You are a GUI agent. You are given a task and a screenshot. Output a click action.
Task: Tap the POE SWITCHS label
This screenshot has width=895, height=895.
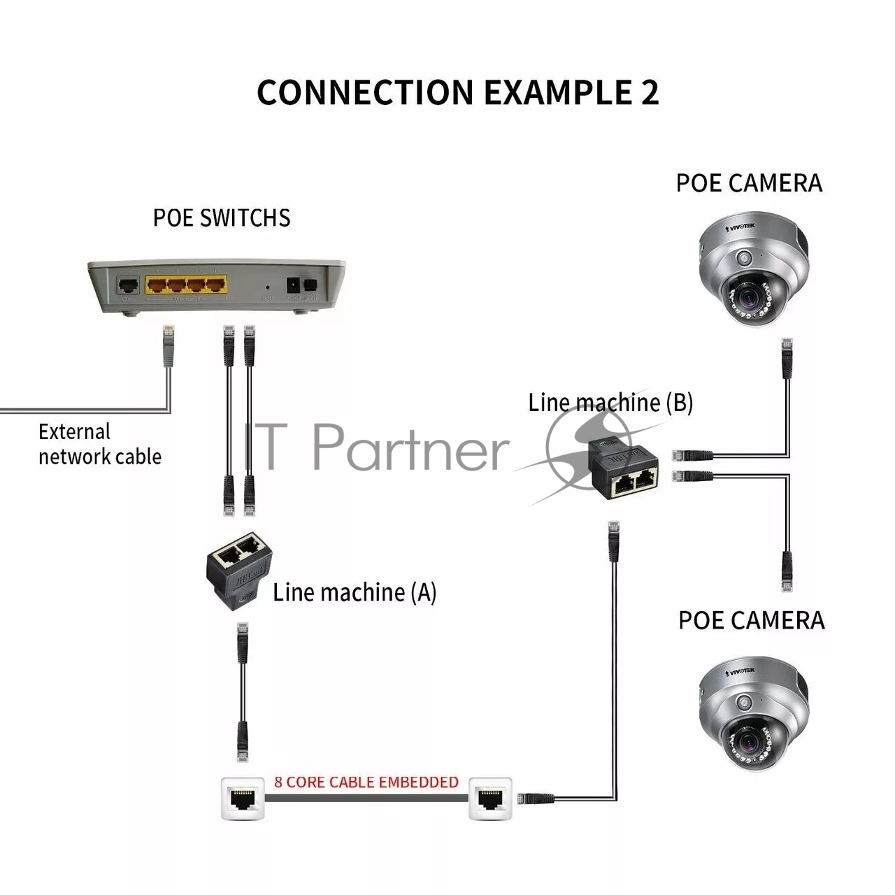pos(222,218)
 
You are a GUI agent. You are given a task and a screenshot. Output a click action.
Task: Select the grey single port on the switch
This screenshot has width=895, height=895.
pos(128,285)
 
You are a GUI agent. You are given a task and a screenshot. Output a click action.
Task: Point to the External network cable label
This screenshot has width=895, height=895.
pos(99,444)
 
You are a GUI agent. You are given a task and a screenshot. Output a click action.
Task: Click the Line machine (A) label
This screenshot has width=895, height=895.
pos(355,592)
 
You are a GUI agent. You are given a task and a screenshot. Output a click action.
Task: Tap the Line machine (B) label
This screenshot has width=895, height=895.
pos(610,403)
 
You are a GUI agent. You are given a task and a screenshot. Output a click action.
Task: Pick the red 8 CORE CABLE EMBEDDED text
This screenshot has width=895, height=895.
pos(366,782)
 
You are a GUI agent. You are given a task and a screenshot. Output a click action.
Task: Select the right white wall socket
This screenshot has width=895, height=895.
pos(490,797)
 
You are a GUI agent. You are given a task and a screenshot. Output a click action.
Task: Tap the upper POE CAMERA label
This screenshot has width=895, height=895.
pos(749,183)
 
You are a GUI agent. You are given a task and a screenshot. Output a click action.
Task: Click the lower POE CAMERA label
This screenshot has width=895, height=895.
pos(752,620)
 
